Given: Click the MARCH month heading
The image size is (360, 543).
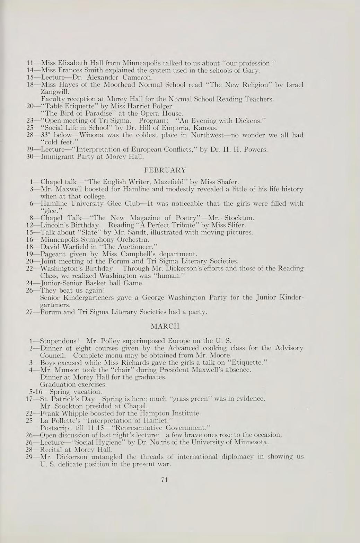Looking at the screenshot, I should pyautogui.click(x=165, y=326).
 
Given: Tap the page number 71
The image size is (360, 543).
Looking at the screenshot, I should pyautogui.click(x=165, y=480).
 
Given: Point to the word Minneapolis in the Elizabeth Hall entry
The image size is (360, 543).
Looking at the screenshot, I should pyautogui.click(x=141, y=63).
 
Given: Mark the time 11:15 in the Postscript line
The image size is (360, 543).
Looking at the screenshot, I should pyautogui.click(x=95, y=428).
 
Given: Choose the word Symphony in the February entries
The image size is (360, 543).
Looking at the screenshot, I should pyautogui.click(x=89, y=239).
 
